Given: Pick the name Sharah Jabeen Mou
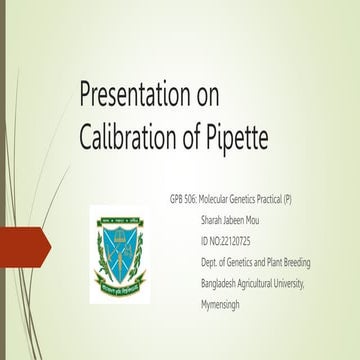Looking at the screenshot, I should [x=238, y=221].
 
